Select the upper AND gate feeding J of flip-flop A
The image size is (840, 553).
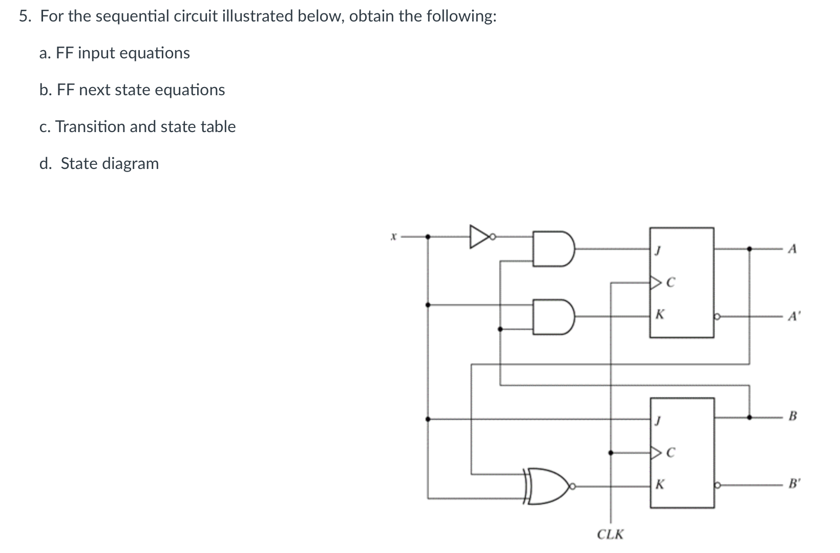tap(552, 249)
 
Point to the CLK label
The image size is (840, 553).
tap(611, 535)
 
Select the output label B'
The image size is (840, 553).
tap(793, 483)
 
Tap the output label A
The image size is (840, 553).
tap(793, 249)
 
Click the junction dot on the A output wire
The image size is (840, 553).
tap(749, 249)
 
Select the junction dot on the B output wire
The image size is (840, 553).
tap(749, 417)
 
